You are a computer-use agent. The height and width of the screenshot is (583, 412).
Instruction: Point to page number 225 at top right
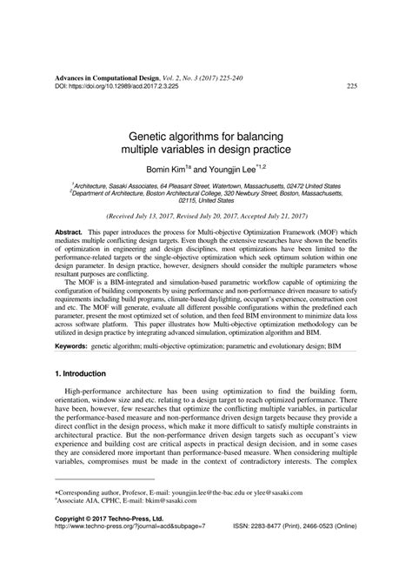[352, 86]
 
